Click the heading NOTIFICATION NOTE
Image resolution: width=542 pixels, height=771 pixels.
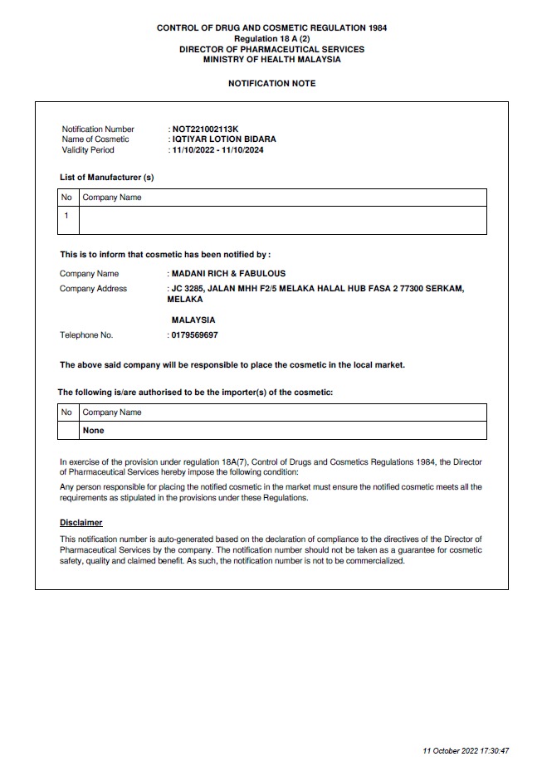[x=271, y=84]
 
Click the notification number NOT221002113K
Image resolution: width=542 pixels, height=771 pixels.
[x=204, y=129]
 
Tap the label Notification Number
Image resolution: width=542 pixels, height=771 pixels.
[x=98, y=129]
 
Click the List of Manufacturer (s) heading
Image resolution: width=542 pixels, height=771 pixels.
[x=107, y=178]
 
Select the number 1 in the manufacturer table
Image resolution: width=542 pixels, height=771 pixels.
[x=66, y=216]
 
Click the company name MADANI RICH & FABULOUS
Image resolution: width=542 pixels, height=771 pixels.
[x=228, y=273]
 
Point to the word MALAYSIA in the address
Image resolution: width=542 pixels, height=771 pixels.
[x=193, y=320]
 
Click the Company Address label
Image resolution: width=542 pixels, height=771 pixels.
[x=93, y=289]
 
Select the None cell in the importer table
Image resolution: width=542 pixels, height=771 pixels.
[x=93, y=431]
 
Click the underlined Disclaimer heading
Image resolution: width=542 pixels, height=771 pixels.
[x=81, y=523]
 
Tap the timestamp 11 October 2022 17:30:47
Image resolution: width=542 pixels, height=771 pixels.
[x=466, y=751]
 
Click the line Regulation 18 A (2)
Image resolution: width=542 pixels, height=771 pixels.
[x=271, y=39]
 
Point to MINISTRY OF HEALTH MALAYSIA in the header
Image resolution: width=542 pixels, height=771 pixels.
[x=271, y=60]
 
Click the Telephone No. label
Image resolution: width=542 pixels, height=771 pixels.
[x=86, y=335]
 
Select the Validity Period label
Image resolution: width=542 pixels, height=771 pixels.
[x=88, y=150]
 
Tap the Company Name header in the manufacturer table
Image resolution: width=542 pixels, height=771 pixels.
[x=112, y=198]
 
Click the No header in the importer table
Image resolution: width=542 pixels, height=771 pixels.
[x=66, y=412]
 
